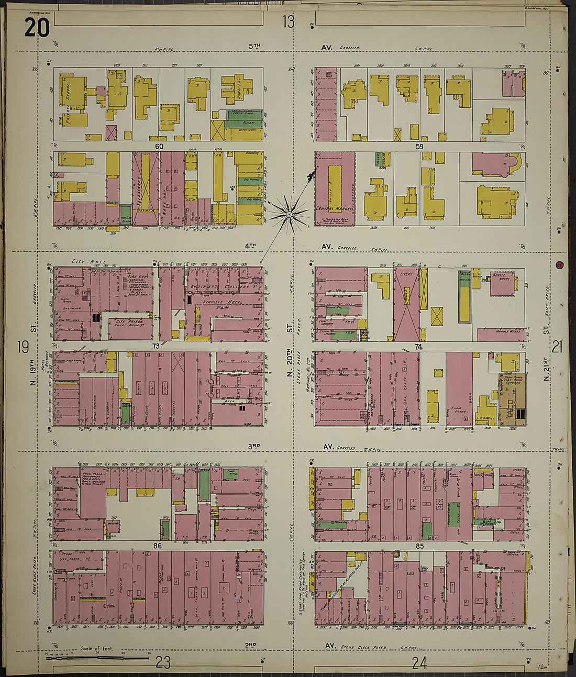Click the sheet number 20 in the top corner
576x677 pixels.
tap(37, 28)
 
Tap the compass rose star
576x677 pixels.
tap(289, 215)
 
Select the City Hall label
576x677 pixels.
tap(90, 261)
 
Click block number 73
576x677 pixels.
tap(156, 346)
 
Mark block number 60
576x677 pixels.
tap(159, 147)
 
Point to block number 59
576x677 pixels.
tap(419, 147)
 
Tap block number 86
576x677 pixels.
tap(157, 546)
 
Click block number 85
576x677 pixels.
tap(418, 546)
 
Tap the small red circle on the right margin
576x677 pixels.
tap(560, 265)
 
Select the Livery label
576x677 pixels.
tap(406, 274)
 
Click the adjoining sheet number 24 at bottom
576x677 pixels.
tap(418, 663)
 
